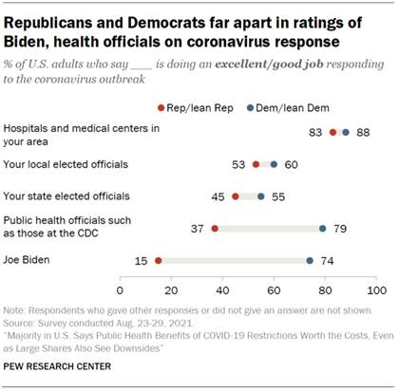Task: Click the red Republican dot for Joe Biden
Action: [x=159, y=260]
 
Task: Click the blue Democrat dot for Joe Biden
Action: [x=310, y=260]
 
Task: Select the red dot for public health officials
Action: [x=215, y=228]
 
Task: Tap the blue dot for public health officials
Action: [x=323, y=228]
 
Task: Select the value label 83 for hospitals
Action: [x=314, y=132]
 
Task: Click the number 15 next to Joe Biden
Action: [x=141, y=260]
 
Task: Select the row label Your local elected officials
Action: [x=60, y=164]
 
